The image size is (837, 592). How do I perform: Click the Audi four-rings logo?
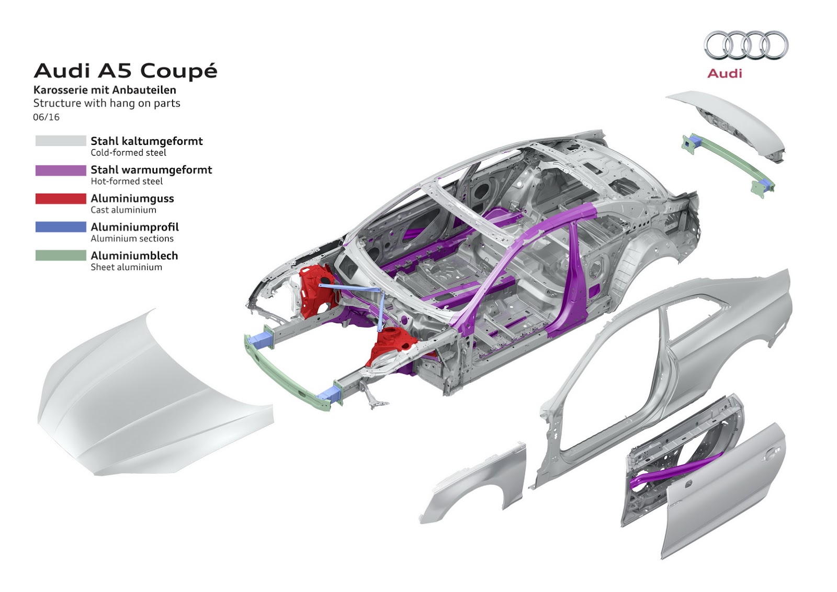[745, 45]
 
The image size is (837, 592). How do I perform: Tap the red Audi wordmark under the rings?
[725, 73]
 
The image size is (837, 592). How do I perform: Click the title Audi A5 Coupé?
[126, 71]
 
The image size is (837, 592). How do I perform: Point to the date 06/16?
[46, 117]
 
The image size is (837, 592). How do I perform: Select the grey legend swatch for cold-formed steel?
[61, 141]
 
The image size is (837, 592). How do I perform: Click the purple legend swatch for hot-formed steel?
[61, 170]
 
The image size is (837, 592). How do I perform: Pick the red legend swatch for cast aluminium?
[61, 199]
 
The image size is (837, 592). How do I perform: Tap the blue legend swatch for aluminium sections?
[61, 227]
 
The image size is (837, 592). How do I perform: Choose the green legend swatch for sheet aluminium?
[61, 255]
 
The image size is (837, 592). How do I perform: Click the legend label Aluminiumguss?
[132, 198]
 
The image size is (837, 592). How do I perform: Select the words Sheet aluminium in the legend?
[126, 267]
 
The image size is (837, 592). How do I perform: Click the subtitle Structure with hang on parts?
[107, 103]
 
